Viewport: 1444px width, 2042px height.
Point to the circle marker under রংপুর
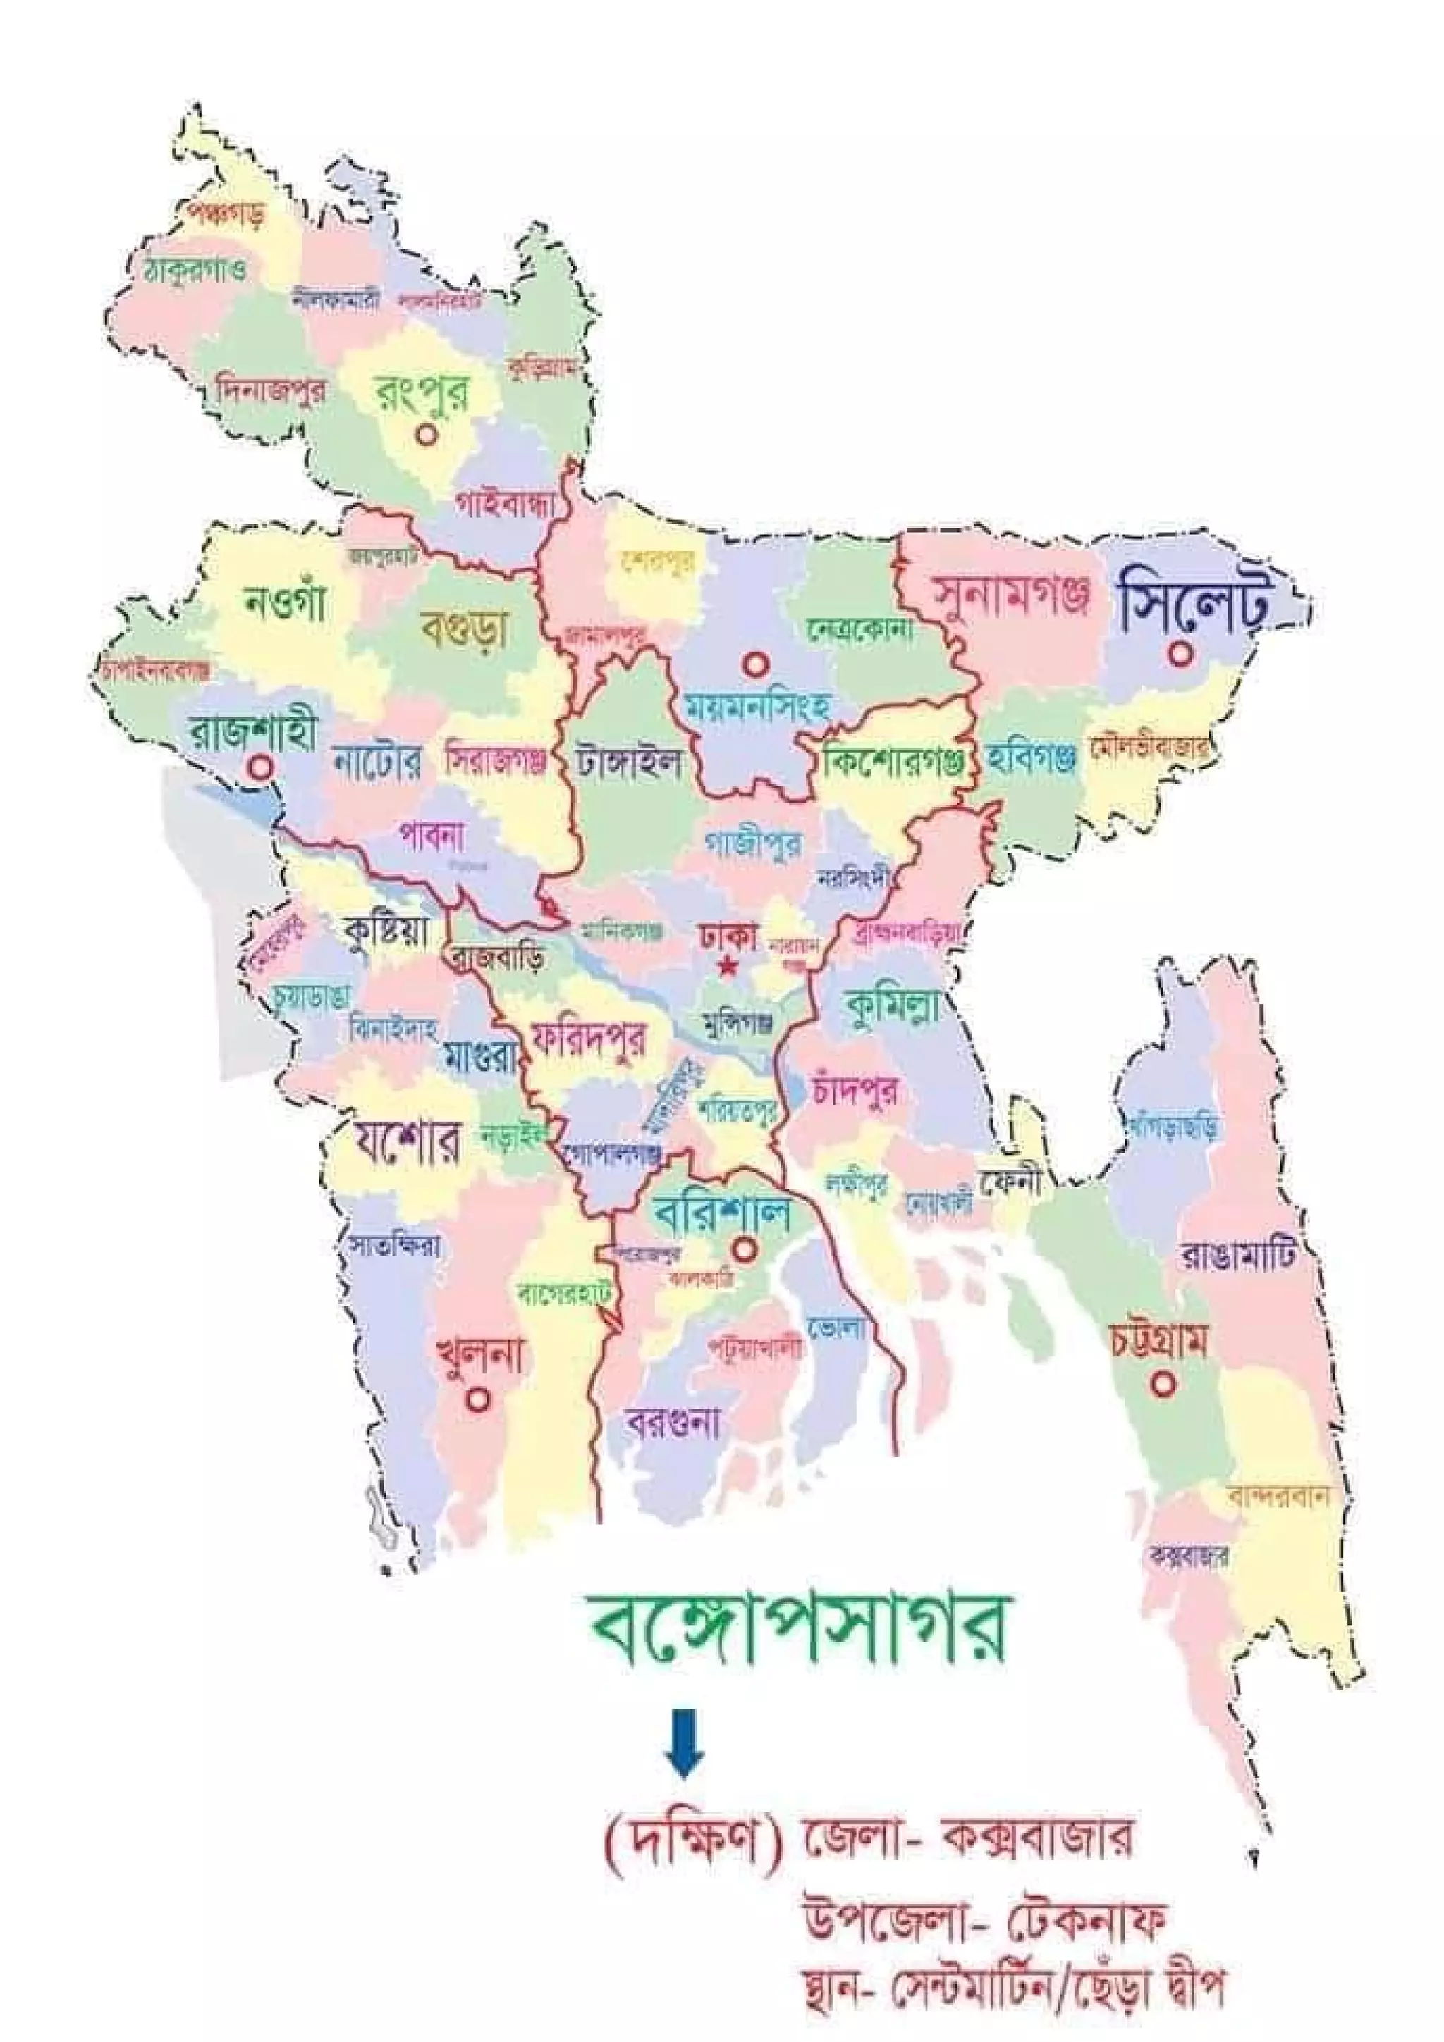427,435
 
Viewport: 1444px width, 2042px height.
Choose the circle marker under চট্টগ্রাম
1164,1384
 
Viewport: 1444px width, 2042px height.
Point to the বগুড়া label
465,628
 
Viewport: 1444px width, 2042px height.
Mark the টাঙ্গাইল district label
628,761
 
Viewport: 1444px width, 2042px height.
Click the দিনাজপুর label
271,390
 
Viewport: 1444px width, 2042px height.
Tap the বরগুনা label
673,1424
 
